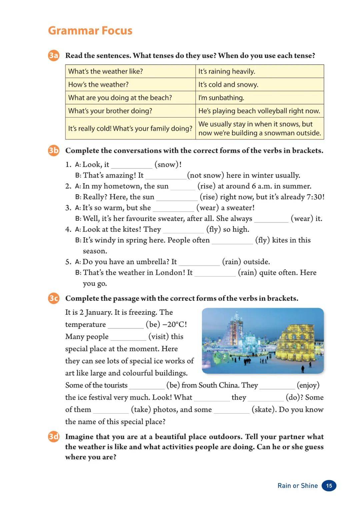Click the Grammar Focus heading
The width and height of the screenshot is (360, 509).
pyautogui.click(x=90, y=31)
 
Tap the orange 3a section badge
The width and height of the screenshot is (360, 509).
pyautogui.click(x=53, y=55)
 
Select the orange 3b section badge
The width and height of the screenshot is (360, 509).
pyautogui.click(x=53, y=150)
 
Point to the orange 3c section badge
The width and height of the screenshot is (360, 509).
pyautogui.click(x=53, y=298)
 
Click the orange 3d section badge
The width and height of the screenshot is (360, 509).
pyautogui.click(x=53, y=436)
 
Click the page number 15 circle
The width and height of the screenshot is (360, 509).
pyautogui.click(x=329, y=486)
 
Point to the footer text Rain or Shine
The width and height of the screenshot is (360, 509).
pyautogui.click(x=298, y=486)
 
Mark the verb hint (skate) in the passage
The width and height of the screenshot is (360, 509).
pyautogui.click(x=264, y=409)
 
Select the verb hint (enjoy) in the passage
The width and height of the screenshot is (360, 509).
pyautogui.click(x=308, y=385)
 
